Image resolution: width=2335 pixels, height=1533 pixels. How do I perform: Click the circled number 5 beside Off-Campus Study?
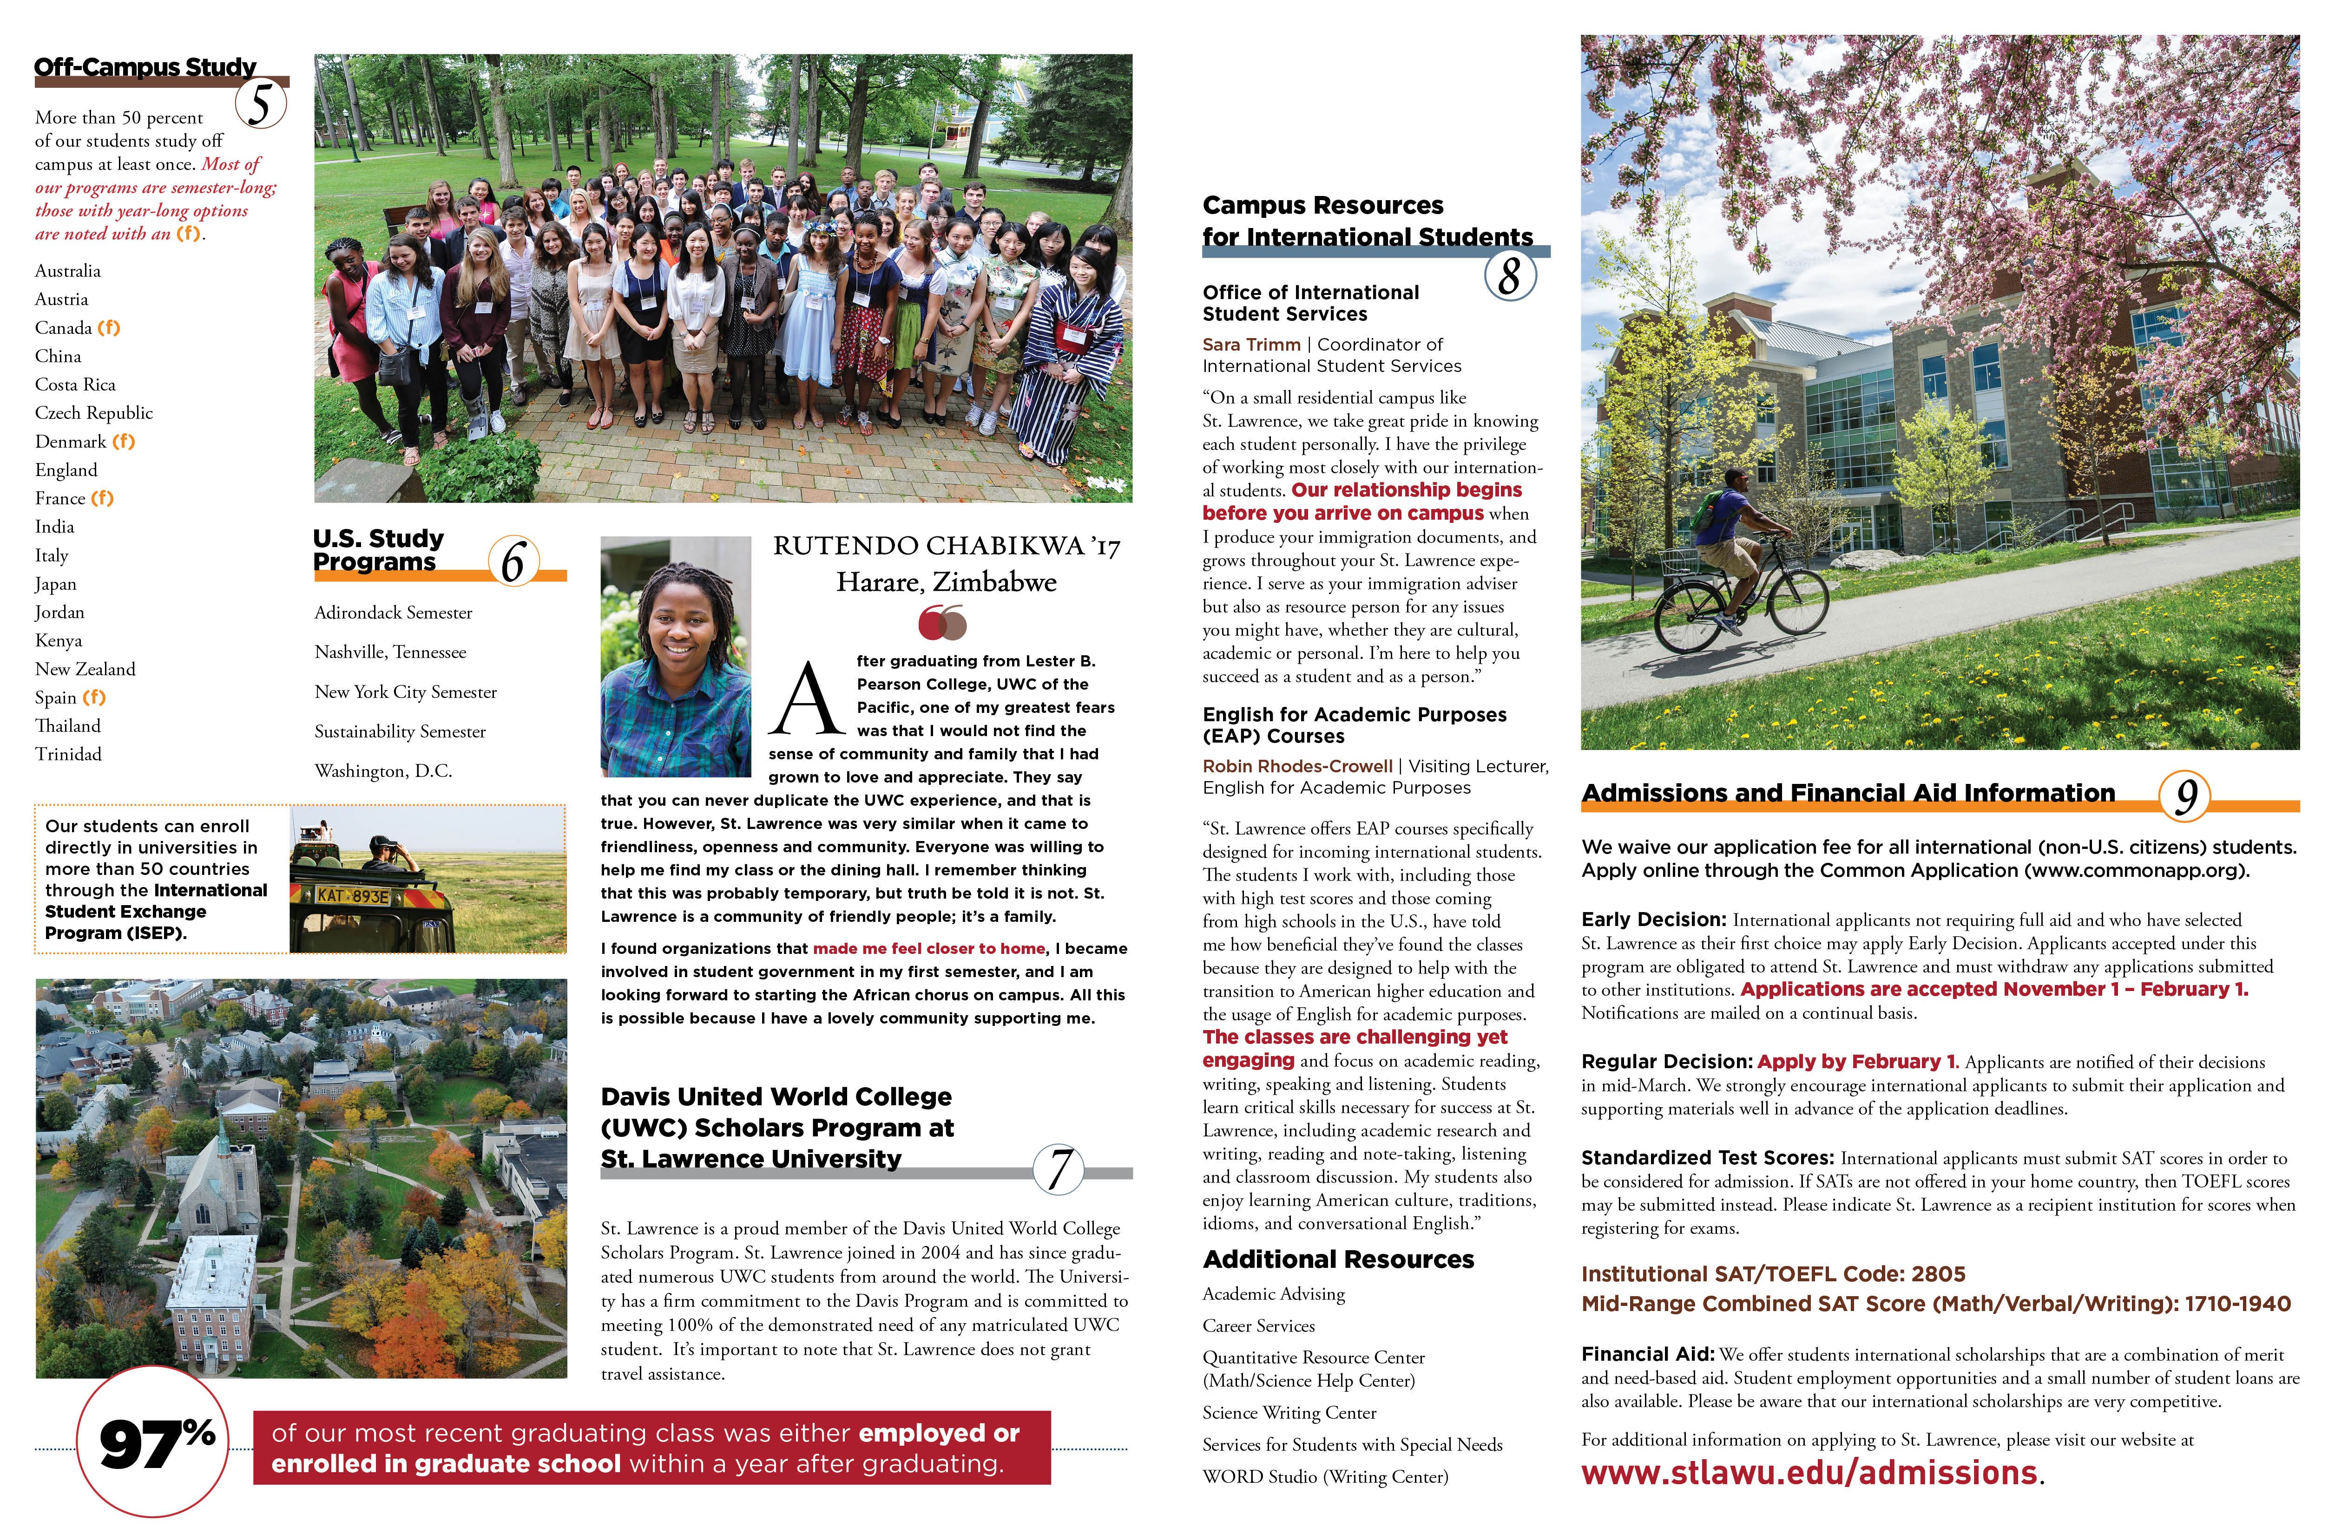(261, 104)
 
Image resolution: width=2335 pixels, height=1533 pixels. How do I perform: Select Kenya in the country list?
(59, 640)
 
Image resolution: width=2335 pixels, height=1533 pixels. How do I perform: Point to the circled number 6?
(513, 561)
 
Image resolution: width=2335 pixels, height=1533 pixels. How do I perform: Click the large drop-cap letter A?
(807, 698)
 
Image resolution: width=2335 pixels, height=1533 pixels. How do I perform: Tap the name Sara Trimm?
(1251, 344)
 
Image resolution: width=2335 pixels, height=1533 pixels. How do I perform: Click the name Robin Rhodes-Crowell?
(1297, 766)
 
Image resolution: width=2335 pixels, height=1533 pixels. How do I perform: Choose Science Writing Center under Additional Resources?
(1289, 1412)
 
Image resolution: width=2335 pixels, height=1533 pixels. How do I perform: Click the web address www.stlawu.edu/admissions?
(1809, 1473)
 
